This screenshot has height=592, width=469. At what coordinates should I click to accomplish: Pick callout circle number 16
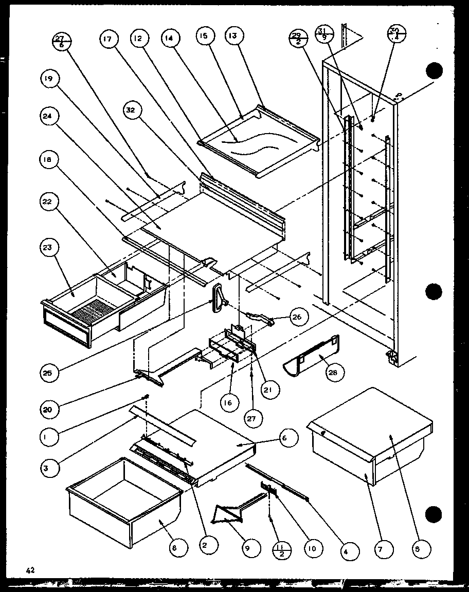(x=227, y=402)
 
